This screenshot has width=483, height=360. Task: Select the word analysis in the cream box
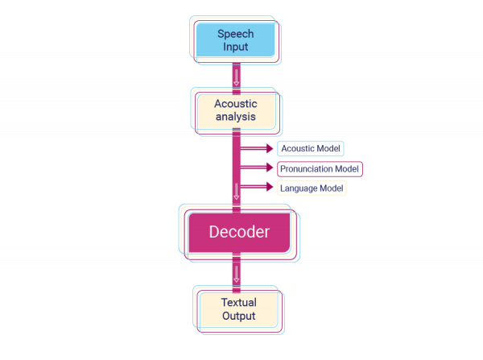coord(236,118)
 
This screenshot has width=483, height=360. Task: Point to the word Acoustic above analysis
coord(236,104)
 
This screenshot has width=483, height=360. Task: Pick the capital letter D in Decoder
coord(215,234)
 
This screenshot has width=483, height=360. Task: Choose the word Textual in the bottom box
coord(238,303)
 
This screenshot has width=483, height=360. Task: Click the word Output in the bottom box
coord(238,316)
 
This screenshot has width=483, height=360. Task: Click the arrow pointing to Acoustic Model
coord(259,148)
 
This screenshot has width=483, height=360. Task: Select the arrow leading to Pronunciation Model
coord(259,168)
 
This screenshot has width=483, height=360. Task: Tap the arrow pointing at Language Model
coord(259,187)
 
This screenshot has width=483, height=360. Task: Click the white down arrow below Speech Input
coord(237,78)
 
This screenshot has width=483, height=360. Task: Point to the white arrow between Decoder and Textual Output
coord(237,273)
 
